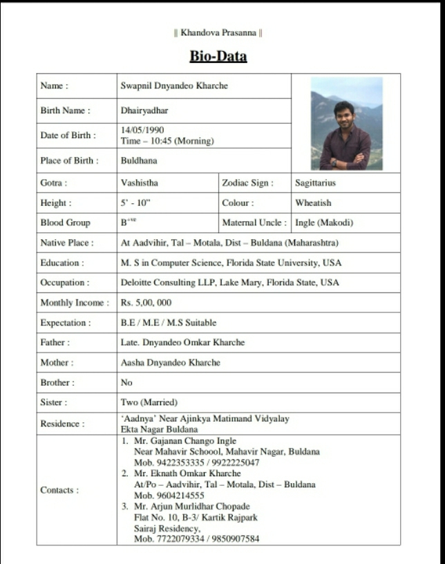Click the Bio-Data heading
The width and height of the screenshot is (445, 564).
click(218, 56)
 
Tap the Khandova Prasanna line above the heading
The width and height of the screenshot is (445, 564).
click(218, 32)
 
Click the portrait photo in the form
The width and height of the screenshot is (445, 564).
click(346, 123)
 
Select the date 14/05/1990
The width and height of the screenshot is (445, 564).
click(142, 130)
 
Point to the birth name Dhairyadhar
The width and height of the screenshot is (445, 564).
click(144, 111)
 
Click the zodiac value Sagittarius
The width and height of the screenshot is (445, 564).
click(315, 183)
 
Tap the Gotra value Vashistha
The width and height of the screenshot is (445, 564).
click(140, 183)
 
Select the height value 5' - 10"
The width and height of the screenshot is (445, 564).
click(135, 203)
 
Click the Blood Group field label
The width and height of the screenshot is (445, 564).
click(66, 223)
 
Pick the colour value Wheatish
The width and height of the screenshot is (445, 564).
click(313, 203)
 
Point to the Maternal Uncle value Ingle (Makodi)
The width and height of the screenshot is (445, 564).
click(323, 223)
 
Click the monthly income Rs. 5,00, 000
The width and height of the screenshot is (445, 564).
click(146, 303)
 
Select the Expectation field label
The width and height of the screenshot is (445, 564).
click(66, 323)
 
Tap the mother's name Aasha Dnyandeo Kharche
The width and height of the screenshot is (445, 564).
click(171, 362)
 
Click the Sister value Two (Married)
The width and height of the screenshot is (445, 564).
click(149, 402)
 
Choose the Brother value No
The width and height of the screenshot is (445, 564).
click(126, 382)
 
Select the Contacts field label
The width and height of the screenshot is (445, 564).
click(60, 490)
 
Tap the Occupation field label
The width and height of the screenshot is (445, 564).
click(65, 283)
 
